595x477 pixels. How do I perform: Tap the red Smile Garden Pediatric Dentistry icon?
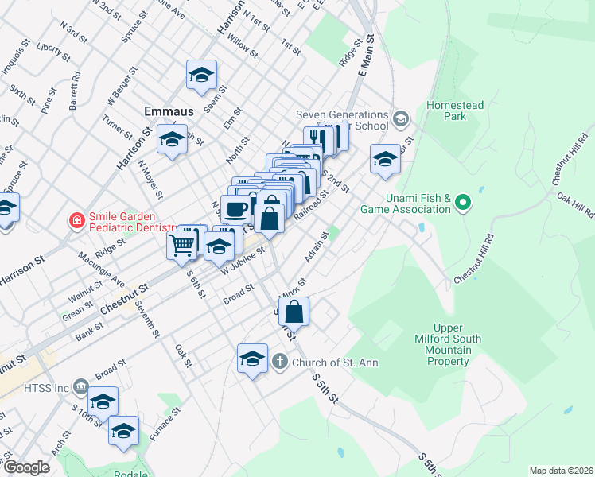point(77,220)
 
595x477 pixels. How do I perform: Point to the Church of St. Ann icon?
point(279,363)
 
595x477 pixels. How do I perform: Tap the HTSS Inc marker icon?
point(80,387)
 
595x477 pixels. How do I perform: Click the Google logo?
point(26,467)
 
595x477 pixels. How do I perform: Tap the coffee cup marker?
point(235,209)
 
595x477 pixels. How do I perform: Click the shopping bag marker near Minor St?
point(294,311)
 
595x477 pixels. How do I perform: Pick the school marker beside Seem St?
point(202,76)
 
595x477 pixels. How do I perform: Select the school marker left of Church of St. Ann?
point(252,358)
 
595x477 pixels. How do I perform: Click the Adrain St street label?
point(316,246)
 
